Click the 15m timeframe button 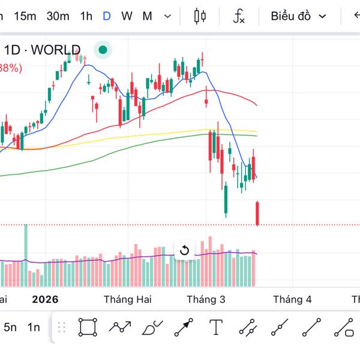[25, 16]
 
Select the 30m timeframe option [58, 16]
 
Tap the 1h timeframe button [86, 16]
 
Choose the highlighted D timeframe [107, 16]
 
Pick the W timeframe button [127, 16]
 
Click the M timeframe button [147, 16]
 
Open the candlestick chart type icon [200, 16]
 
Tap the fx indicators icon [239, 16]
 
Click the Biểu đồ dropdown [298, 16]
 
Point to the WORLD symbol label [55, 50]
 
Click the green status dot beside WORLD [103, 50]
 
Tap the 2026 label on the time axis [46, 299]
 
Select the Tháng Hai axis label [127, 299]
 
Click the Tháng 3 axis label [206, 299]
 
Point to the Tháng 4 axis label [292, 299]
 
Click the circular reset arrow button [184, 250]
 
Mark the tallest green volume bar [26, 255]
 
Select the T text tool [216, 327]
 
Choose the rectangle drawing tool [88, 327]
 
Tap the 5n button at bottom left [10, 327]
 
